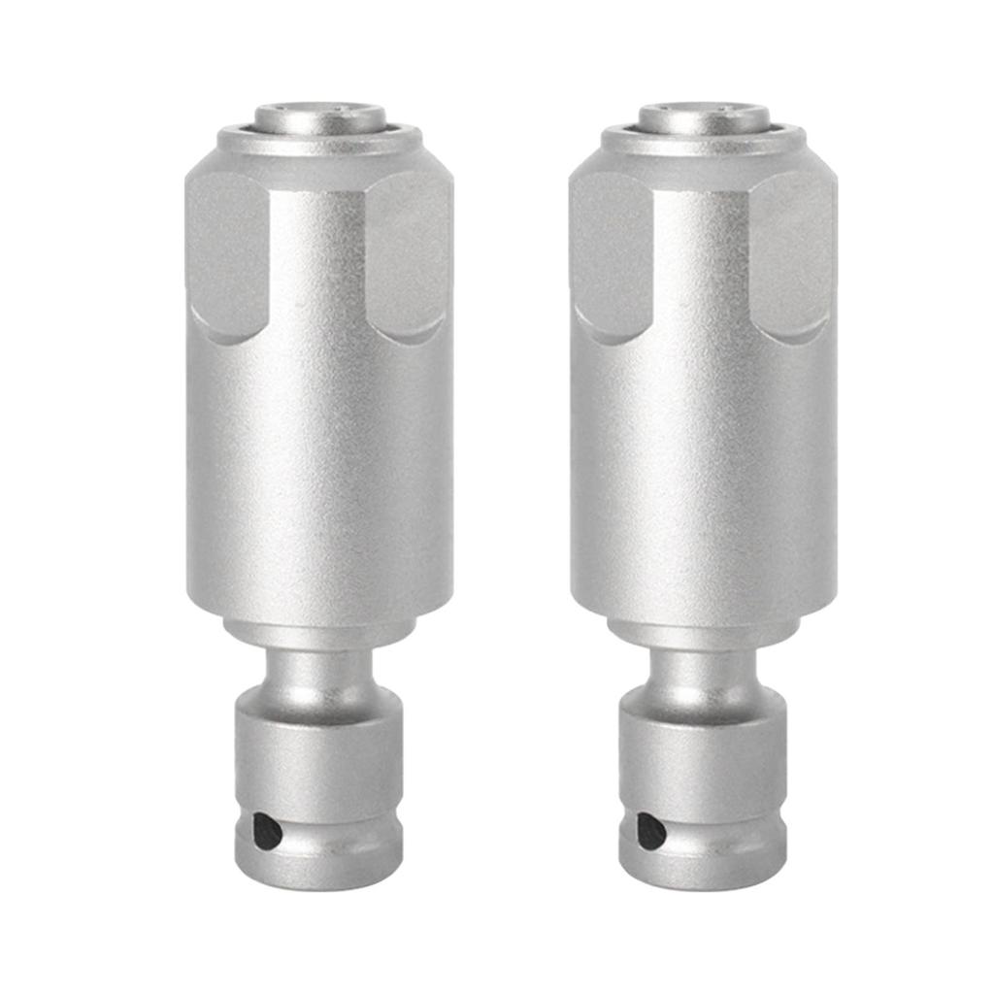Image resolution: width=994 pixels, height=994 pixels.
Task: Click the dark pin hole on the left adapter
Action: pos(267,831)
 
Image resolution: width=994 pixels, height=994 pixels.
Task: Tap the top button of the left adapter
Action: pos(319,116)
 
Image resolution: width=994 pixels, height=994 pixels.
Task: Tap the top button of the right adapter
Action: pos(704,116)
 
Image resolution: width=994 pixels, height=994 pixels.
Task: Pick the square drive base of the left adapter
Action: pos(319,747)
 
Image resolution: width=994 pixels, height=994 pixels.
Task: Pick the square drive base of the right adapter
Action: pos(704,747)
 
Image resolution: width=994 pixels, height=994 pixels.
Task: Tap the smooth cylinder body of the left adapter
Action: pos(319,466)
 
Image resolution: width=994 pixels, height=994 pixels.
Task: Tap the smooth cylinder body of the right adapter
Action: pos(704,466)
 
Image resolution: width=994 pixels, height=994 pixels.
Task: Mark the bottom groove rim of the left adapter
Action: pos(319,869)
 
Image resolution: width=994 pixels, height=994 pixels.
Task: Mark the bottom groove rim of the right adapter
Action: pos(704,869)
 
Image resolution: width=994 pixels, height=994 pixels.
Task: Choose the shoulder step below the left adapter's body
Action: pos(319,632)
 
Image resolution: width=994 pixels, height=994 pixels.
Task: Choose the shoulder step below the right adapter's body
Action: pos(704,632)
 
